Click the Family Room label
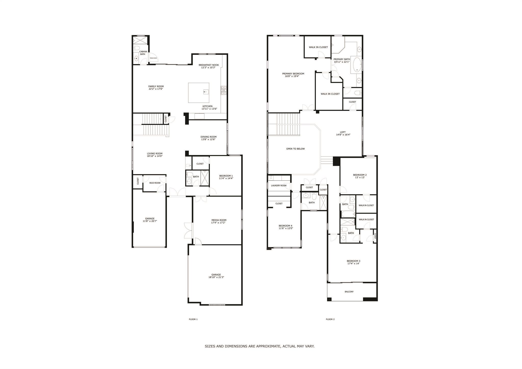[x=156, y=86]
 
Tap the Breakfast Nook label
[x=209, y=65]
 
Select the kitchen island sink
[x=205, y=91]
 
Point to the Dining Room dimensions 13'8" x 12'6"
[x=208, y=139]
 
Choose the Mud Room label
[x=155, y=183]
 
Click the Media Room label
[x=219, y=220]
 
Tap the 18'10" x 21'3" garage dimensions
[x=216, y=277]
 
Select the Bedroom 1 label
[x=226, y=176]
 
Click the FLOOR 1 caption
[x=193, y=319]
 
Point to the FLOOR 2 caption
[x=330, y=319]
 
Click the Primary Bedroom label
[x=293, y=74]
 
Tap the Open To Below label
[x=295, y=149]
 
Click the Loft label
[x=343, y=132]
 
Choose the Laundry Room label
[x=279, y=186]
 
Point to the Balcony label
[x=349, y=292]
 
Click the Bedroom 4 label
[x=285, y=226]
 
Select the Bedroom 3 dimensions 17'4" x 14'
[x=353, y=263]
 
